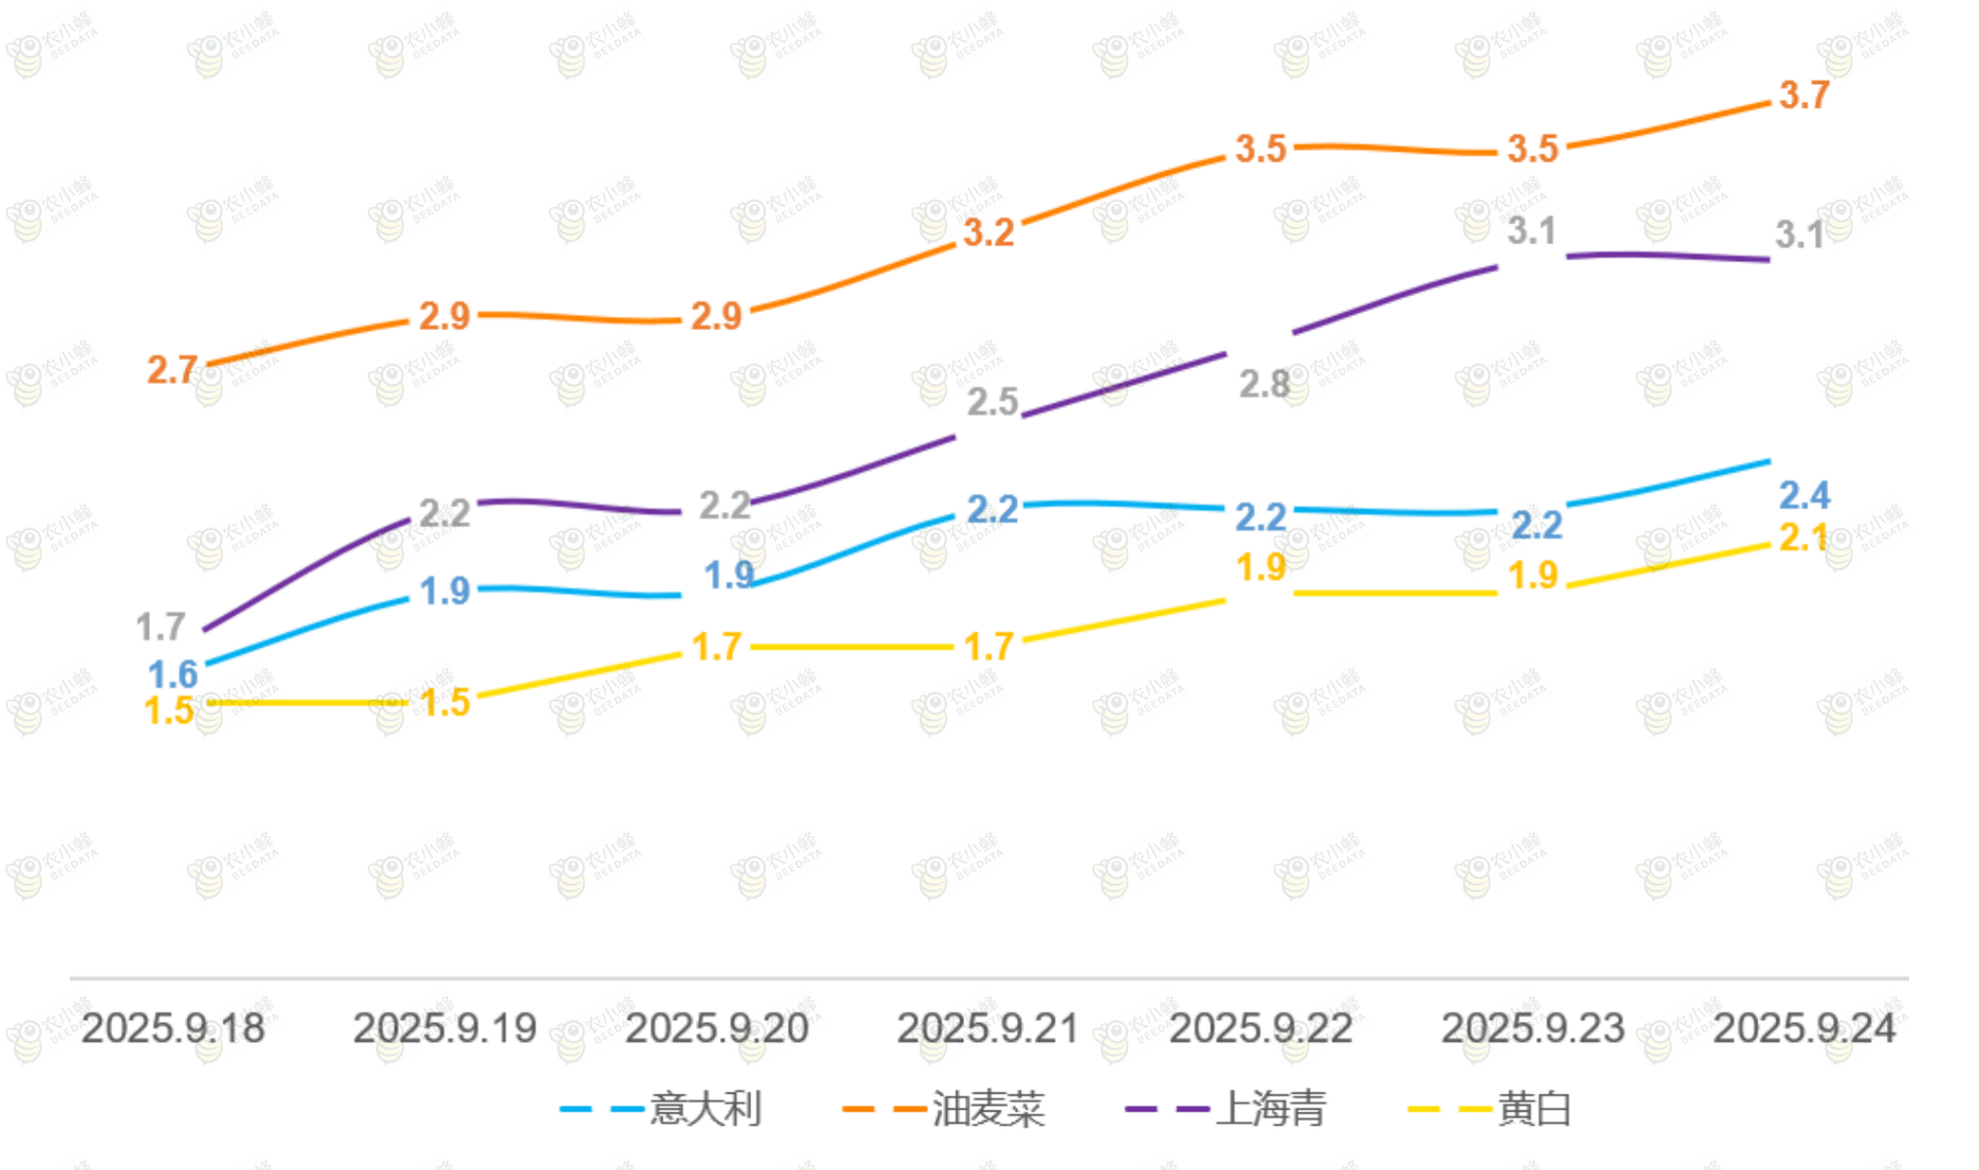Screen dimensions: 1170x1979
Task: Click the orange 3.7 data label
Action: coord(1804,95)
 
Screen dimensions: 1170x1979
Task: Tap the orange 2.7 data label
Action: coord(172,370)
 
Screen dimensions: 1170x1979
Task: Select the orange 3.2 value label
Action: coord(988,232)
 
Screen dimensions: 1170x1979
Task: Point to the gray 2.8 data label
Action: coord(1263,384)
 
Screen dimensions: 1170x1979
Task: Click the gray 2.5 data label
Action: coord(992,402)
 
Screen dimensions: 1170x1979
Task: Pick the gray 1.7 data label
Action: coord(160,627)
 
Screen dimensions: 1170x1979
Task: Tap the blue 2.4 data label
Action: coord(1804,495)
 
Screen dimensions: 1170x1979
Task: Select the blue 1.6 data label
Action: coord(173,675)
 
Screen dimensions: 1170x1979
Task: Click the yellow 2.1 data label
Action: coord(1803,538)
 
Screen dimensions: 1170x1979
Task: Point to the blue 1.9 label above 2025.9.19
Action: coord(444,592)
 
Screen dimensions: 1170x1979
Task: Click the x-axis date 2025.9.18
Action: coord(173,1028)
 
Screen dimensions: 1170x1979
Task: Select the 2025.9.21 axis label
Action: coord(988,1028)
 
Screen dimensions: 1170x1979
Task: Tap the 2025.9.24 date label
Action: coord(1804,1028)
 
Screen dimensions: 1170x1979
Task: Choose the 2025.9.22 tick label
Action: coord(1260,1028)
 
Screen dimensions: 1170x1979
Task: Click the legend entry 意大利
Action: coord(705,1109)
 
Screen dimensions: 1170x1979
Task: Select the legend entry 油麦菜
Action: coord(988,1109)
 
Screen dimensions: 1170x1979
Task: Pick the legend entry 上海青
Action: coord(1271,1109)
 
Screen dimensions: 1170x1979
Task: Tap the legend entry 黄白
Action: coord(1534,1109)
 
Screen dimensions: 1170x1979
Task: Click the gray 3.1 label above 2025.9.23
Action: coord(1531,230)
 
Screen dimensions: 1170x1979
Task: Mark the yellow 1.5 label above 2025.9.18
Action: coord(169,710)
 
